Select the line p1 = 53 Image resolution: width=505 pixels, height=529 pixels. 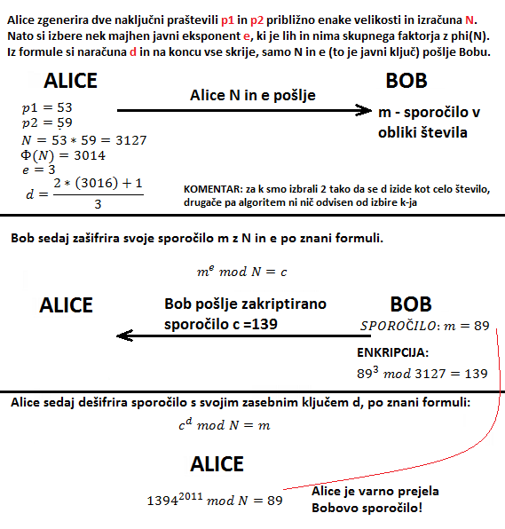[x=45, y=107]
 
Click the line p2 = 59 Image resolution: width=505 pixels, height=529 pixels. [x=45, y=123]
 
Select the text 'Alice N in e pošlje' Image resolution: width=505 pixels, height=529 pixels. [x=253, y=94]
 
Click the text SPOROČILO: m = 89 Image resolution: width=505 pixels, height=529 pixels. [x=426, y=326]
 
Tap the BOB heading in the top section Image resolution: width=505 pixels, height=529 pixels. [x=406, y=81]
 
